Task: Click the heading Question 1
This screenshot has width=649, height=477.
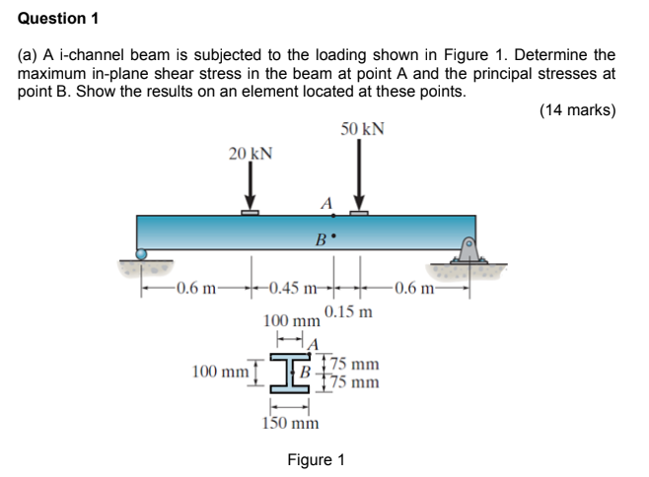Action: pyautogui.click(x=58, y=18)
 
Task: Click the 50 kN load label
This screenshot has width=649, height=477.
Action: pyautogui.click(x=363, y=129)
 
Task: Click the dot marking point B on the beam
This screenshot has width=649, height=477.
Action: pyautogui.click(x=334, y=237)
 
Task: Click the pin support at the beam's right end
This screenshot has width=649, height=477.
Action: pyautogui.click(x=470, y=251)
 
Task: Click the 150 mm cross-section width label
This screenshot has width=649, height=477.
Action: pyautogui.click(x=291, y=423)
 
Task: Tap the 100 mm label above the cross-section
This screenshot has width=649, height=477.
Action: pyautogui.click(x=291, y=321)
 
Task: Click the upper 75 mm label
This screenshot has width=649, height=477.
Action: pyautogui.click(x=353, y=364)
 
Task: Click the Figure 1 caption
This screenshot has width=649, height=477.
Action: pyautogui.click(x=316, y=460)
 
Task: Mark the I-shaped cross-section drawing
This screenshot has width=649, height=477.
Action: pyautogui.click(x=292, y=372)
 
